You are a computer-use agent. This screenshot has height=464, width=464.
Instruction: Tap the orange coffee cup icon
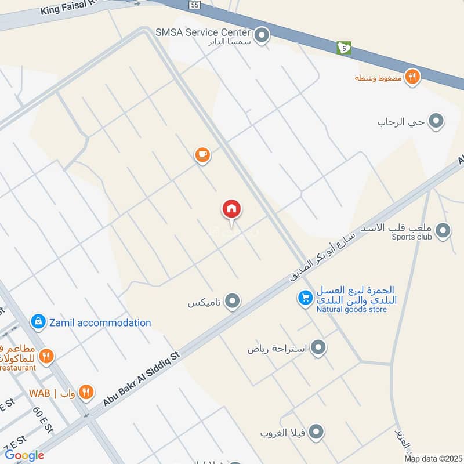pos(202,155)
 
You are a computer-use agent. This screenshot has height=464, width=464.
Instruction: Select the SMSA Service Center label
pos(203,32)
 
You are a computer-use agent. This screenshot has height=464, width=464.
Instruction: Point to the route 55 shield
pos(195,5)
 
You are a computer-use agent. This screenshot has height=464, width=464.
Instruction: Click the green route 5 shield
pos(345,48)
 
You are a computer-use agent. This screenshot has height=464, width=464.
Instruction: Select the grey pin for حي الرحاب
pos(437,121)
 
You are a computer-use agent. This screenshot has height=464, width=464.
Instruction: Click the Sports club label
pos(412,237)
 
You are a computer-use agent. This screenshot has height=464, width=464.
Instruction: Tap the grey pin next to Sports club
pos(443,231)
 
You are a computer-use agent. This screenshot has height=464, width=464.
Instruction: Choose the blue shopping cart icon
pos(304,298)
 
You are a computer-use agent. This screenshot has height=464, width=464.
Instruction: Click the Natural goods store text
pos(351,310)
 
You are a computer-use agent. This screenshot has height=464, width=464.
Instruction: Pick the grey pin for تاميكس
pos(233,301)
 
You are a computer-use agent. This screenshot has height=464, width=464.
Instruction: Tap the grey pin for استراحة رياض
pos(318,348)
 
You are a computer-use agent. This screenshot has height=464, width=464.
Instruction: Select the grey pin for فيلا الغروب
pos(316,432)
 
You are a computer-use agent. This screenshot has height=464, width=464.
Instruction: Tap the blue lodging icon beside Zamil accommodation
pos(38,321)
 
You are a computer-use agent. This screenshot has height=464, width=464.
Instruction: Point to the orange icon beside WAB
pos(86,393)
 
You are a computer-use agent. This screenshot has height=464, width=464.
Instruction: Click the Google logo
pos(24,455)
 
